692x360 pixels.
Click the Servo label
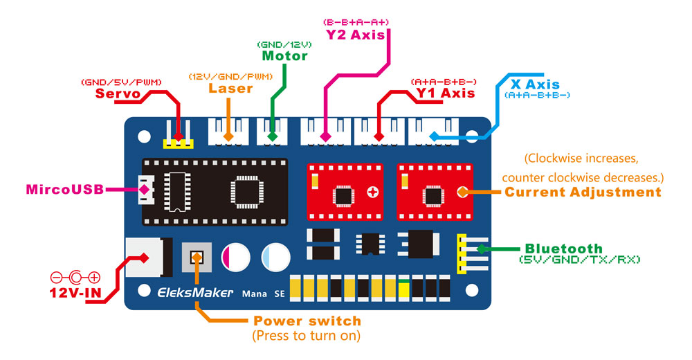(x=118, y=93)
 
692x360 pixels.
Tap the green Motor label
(x=284, y=55)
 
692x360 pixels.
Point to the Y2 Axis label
(x=356, y=34)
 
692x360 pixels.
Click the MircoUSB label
(x=64, y=189)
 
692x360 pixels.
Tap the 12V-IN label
(x=75, y=293)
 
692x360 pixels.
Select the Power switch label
(x=307, y=321)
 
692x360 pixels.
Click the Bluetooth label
(x=563, y=249)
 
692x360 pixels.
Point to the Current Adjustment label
(x=583, y=192)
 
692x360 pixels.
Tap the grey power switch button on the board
(x=197, y=258)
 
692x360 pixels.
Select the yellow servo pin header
(x=178, y=144)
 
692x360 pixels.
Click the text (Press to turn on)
(x=307, y=336)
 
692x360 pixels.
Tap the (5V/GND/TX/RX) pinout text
(x=580, y=260)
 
